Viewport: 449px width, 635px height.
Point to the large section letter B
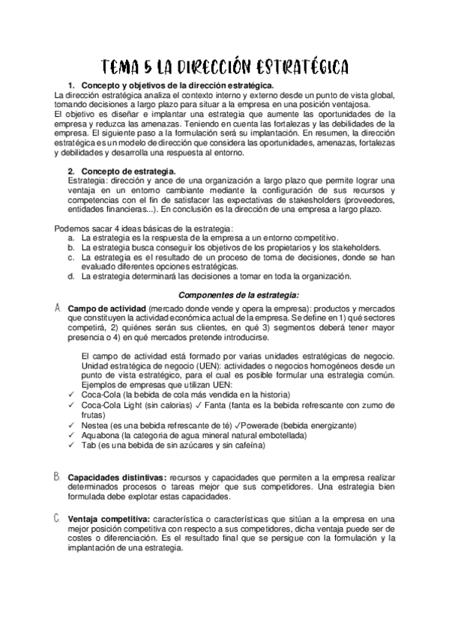tap(57, 476)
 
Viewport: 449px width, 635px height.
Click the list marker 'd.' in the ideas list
tap(70, 276)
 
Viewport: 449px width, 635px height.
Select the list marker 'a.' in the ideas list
tap(70, 237)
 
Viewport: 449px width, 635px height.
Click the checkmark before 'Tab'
tap(70, 445)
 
